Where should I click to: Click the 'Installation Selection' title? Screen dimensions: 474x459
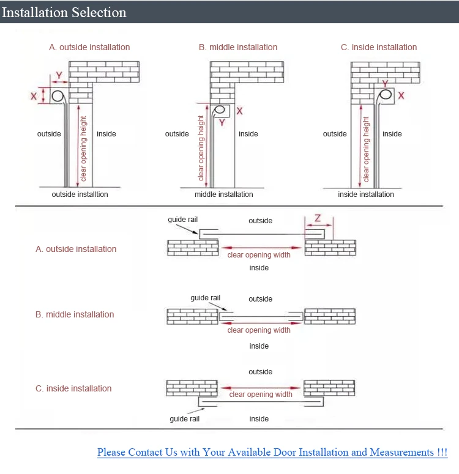64,12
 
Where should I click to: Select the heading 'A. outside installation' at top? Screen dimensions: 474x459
89,47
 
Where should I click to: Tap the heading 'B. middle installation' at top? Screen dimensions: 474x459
238,47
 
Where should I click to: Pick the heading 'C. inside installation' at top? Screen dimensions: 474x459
379,47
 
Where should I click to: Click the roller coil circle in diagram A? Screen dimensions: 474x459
59,96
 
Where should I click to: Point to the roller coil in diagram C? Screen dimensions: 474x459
387,95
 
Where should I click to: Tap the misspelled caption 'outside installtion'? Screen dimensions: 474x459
80,194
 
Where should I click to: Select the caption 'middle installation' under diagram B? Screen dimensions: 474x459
223,194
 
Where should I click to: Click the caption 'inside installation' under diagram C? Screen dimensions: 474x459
366,194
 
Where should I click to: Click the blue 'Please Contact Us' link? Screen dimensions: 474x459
272,453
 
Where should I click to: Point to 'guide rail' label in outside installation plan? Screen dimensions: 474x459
183,220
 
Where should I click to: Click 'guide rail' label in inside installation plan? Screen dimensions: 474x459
185,419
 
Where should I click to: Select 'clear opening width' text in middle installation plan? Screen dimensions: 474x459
259,330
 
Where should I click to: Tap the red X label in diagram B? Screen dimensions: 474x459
239,111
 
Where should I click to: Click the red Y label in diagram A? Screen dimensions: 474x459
59,76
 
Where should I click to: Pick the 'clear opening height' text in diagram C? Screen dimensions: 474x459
367,150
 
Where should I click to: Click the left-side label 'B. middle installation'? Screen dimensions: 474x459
75,314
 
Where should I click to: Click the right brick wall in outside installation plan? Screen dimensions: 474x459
330,248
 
